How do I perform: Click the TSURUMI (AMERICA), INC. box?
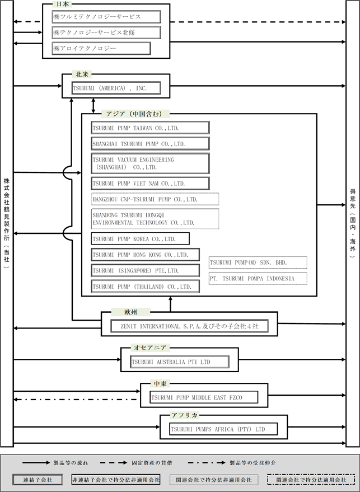click(116, 88)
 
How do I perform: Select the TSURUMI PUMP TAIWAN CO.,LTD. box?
click(151, 128)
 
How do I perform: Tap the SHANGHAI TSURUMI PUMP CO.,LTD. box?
click(151, 144)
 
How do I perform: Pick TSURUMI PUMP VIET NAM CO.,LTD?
click(151, 183)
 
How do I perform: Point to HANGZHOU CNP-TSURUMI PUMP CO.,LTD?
click(155, 199)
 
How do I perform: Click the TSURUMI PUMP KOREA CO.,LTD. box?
click(141, 238)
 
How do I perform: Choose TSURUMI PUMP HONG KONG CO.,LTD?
click(146, 255)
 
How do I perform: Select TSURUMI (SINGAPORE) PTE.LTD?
click(146, 270)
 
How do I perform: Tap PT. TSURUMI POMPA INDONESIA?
click(258, 278)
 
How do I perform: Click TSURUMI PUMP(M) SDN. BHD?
click(258, 263)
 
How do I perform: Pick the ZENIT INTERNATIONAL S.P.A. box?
click(190, 326)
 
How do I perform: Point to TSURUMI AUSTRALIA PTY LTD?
click(180, 362)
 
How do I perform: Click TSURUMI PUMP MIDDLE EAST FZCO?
click(204, 397)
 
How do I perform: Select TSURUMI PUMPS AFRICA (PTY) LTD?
click(223, 429)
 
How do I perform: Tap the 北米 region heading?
click(82, 74)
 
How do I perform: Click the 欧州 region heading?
click(130, 312)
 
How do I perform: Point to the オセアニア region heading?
click(150, 348)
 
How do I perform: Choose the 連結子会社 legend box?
click(38, 480)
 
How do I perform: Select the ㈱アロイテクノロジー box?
click(101, 48)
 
